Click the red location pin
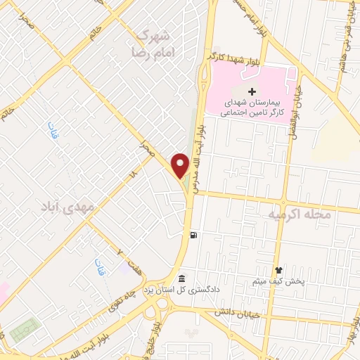click(180, 165)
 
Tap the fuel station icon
click(193, 235)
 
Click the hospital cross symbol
click(252, 92)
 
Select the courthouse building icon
click(182, 279)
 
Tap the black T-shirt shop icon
click(278, 269)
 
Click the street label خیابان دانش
click(240, 311)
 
